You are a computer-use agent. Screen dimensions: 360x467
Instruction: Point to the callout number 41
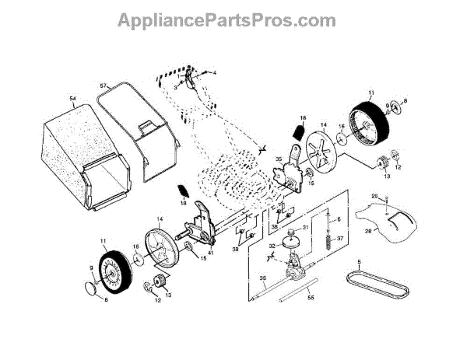click(210, 251)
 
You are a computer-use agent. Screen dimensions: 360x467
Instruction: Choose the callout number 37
click(339, 239)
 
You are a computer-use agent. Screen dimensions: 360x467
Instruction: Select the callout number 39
click(236, 248)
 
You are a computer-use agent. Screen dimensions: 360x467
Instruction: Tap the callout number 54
click(72, 99)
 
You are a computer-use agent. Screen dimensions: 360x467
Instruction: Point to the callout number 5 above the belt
click(360, 262)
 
